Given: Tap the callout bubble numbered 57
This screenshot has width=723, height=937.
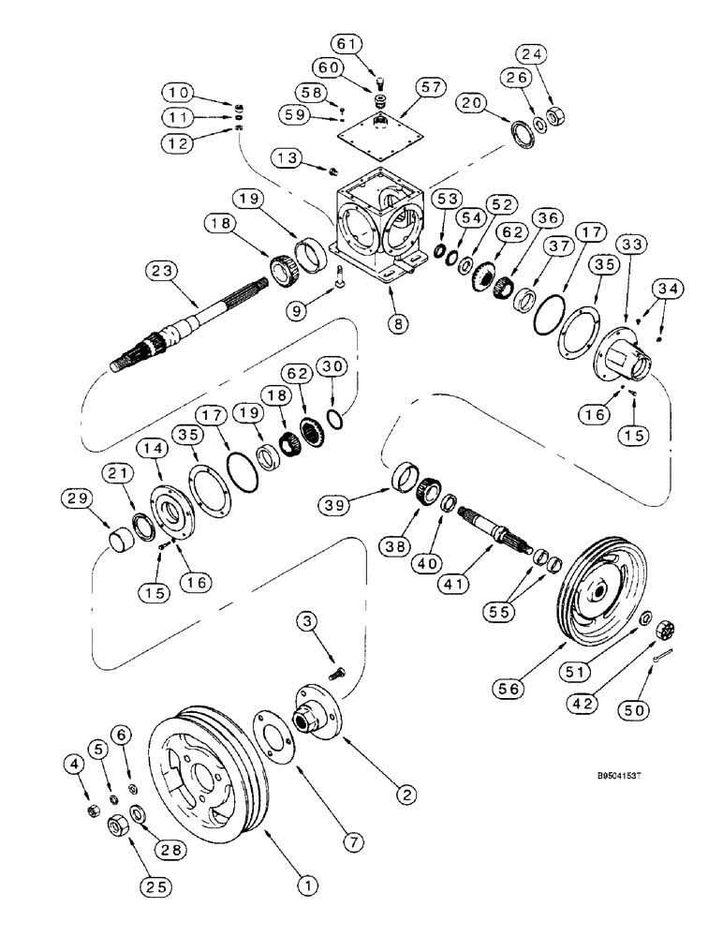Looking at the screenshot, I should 434,87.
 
